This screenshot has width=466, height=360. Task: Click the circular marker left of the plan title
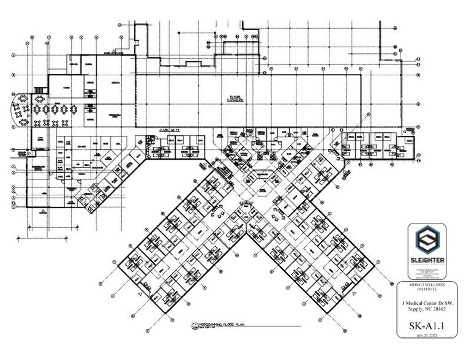[195, 324]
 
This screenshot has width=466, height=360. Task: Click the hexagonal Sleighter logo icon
[427, 241]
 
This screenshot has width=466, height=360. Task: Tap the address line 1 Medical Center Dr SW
[427, 302]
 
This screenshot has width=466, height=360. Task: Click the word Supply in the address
[415, 309]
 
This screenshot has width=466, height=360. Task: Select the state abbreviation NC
[429, 309]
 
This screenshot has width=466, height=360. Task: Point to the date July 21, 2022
[427, 337]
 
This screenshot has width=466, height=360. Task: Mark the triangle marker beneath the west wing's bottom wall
[43, 212]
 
